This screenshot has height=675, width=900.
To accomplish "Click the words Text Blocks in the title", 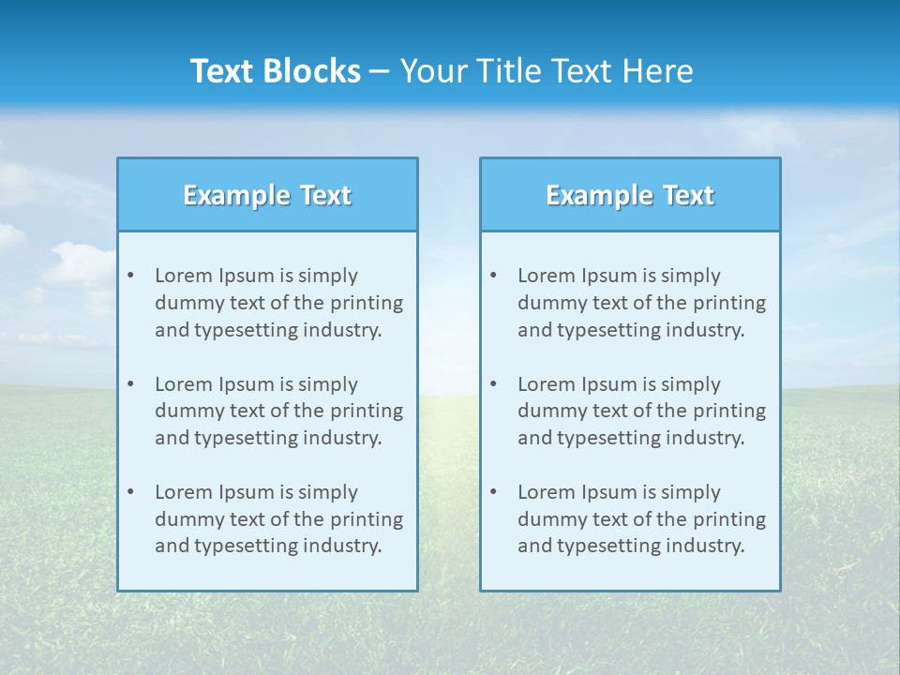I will tap(275, 71).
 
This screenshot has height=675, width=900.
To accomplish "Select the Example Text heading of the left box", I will tap(267, 195).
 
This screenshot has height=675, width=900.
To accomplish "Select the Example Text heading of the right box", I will tap(630, 195).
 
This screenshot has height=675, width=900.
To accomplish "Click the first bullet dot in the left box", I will tap(130, 276).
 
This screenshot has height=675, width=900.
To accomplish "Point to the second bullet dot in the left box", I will tap(130, 384).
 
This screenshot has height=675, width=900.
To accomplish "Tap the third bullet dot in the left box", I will tap(130, 492).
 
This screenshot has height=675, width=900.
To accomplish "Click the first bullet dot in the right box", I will tap(493, 276).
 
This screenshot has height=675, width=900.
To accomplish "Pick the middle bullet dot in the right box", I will tap(493, 384).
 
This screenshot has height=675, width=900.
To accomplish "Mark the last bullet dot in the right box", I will tap(493, 492).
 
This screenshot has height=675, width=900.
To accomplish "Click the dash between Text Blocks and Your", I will tap(380, 72).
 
